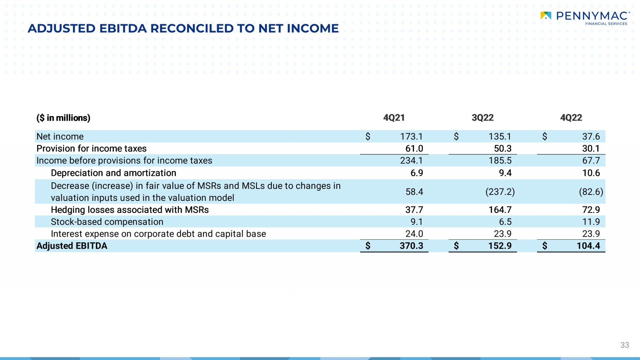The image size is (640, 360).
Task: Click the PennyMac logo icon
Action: point(546,16)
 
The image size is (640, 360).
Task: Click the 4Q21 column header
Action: point(394,118)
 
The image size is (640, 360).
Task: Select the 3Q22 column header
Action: point(483,118)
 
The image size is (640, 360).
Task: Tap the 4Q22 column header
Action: point(571,118)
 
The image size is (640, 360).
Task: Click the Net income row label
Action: point(60,136)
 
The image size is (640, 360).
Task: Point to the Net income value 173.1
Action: point(411,136)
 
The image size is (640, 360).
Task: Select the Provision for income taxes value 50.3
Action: point(503,148)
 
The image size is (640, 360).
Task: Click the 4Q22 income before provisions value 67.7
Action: point(591,160)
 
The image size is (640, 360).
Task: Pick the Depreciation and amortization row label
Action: point(113,173)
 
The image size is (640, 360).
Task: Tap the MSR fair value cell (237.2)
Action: point(500,192)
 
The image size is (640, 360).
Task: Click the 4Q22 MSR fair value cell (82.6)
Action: point(591,192)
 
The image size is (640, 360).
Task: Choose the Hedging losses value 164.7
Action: point(500,210)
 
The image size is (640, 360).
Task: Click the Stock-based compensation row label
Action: point(107,222)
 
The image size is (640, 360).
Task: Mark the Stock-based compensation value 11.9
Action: point(591,222)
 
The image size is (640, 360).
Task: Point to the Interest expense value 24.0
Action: point(414,234)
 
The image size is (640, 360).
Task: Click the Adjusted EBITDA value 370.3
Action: point(411,246)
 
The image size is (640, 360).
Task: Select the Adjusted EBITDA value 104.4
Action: point(588,246)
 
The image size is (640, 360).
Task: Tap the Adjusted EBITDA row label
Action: point(72,246)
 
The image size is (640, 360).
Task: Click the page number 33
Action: point(625,345)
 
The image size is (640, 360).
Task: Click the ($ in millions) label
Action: point(63,118)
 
